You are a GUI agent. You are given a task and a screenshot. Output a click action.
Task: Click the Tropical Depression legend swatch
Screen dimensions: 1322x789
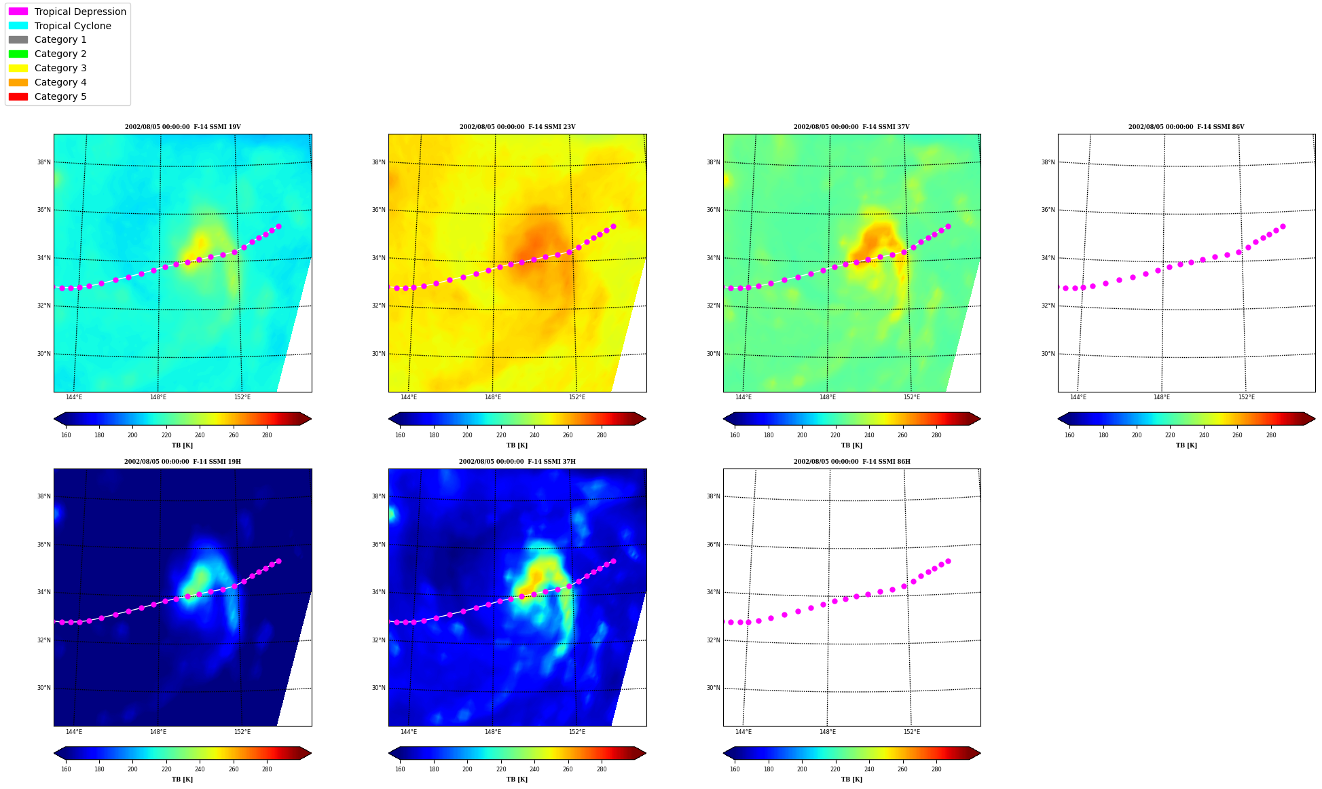point(18,12)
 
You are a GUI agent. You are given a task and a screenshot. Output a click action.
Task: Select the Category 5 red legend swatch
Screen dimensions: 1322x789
point(18,96)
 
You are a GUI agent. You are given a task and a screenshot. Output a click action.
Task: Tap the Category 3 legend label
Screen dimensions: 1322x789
point(60,68)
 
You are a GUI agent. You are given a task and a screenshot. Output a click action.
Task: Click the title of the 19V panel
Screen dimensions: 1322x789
point(183,127)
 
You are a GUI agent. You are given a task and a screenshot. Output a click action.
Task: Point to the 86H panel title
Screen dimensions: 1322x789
point(852,462)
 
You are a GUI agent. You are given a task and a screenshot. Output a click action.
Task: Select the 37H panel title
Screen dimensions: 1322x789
point(517,462)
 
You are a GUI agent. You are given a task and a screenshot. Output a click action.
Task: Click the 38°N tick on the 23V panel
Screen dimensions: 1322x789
point(378,162)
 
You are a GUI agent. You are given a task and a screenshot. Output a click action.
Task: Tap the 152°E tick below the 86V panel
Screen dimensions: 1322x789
point(1246,397)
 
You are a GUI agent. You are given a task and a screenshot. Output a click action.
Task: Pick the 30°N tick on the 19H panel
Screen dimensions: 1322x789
point(43,688)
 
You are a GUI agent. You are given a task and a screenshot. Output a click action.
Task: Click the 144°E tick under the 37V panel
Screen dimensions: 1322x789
point(743,397)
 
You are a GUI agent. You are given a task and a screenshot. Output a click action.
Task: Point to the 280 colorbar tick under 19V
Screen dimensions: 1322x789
point(267,435)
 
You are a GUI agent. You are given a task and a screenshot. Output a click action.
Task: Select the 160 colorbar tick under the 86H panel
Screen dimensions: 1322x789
point(735,769)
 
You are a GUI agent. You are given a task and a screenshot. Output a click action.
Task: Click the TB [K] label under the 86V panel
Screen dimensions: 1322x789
point(1186,445)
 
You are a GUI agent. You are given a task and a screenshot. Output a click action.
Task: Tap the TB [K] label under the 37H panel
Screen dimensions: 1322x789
point(517,779)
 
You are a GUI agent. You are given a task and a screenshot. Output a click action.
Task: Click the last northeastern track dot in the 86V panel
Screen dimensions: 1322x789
point(1283,226)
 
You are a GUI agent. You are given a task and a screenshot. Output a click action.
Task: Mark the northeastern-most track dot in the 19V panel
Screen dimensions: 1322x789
point(278,226)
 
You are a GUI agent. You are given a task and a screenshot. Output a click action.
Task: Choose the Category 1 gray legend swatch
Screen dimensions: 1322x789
point(18,39)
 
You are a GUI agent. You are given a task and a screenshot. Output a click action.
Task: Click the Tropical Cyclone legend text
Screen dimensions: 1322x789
point(73,26)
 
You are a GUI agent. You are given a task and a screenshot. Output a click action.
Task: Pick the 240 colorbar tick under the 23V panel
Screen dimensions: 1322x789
point(534,435)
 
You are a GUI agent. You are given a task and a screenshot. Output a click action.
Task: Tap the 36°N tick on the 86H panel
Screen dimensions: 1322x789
point(713,545)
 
